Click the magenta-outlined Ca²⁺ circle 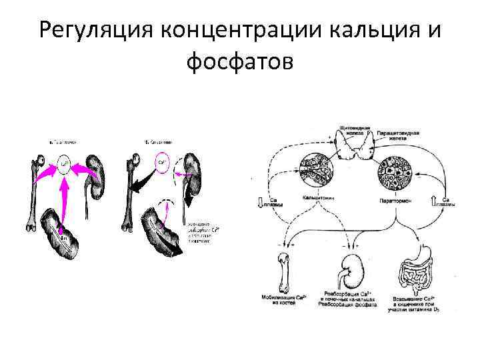[x=162, y=162]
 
